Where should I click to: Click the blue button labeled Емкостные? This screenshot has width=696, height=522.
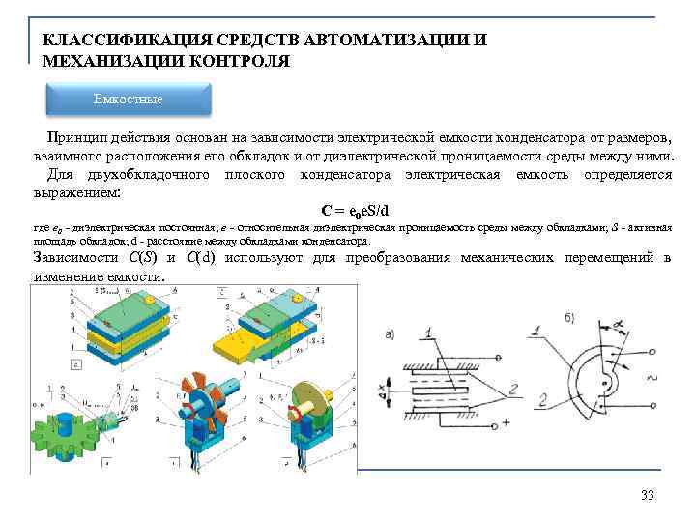pyautogui.click(x=129, y=100)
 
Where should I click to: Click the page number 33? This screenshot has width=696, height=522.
pyautogui.click(x=648, y=496)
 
